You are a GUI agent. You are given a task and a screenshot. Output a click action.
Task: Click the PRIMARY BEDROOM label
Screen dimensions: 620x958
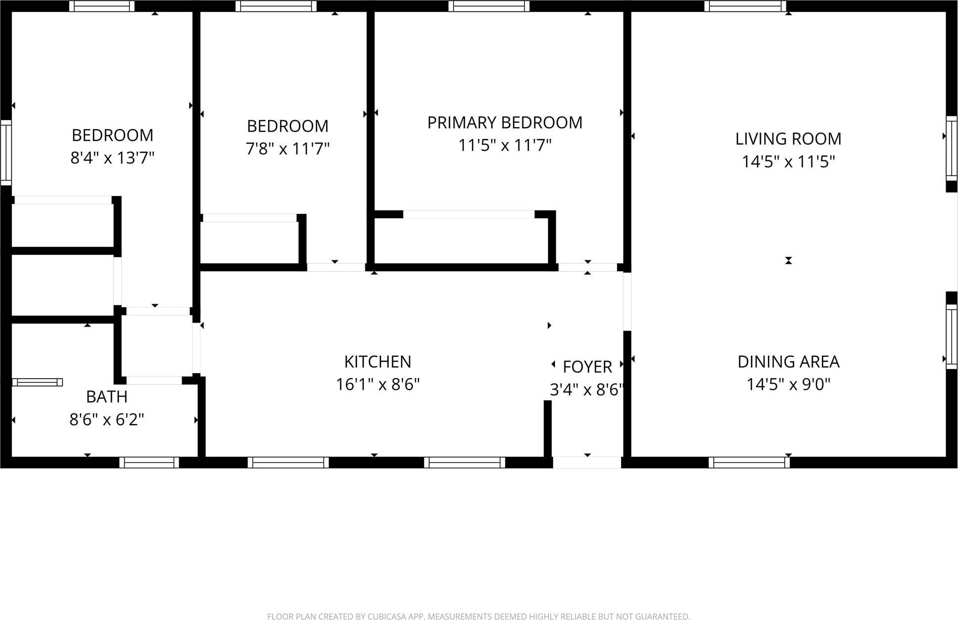(504, 123)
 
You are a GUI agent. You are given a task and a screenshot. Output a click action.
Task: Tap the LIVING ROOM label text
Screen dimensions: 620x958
(788, 139)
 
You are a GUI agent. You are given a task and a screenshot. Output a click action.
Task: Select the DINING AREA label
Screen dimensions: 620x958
(788, 362)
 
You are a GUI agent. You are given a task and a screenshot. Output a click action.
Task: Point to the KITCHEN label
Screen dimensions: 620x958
(378, 362)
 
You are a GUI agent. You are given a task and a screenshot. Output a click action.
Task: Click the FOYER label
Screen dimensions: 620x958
(587, 367)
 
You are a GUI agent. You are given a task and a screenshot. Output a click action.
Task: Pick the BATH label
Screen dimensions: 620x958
(107, 397)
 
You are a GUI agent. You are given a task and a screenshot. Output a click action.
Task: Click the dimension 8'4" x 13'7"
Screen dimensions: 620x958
(112, 158)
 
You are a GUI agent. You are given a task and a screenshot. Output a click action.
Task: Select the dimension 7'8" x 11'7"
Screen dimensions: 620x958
(288, 148)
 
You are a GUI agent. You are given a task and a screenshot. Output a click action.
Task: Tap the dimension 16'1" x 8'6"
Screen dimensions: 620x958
(378, 384)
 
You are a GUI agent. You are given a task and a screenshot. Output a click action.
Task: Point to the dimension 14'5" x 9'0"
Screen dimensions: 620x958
(788, 384)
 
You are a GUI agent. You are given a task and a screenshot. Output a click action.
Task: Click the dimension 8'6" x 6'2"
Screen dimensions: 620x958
(107, 420)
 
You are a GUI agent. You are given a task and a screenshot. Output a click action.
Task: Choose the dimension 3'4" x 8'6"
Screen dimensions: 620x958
(586, 390)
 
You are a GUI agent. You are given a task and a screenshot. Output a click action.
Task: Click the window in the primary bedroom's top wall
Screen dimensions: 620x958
(489, 6)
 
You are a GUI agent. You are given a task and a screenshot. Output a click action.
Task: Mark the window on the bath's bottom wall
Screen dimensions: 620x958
(149, 463)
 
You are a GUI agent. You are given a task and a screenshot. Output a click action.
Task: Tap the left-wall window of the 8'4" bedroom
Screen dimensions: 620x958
(5, 152)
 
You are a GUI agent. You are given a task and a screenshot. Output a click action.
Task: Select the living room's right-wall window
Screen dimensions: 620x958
(952, 148)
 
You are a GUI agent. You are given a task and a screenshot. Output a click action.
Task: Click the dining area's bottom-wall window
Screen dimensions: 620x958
(749, 463)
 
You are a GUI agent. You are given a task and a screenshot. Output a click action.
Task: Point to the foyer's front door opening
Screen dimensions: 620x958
(587, 463)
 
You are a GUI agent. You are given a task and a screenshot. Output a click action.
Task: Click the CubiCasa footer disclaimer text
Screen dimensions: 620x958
(478, 617)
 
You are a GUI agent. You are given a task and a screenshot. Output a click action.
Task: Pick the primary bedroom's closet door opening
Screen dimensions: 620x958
(468, 214)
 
